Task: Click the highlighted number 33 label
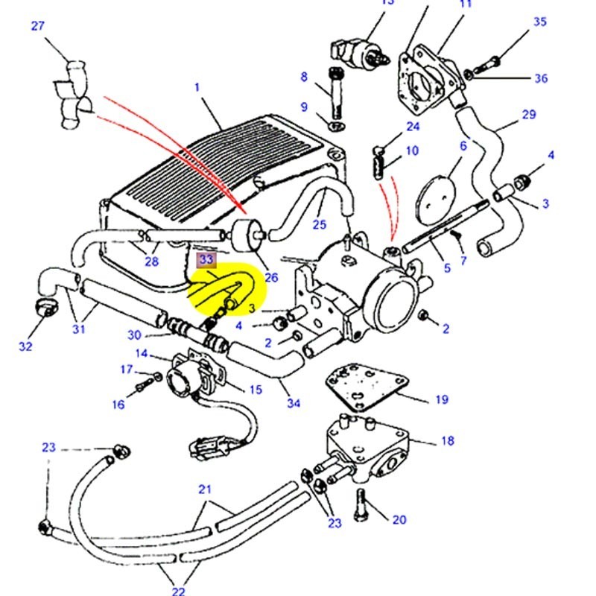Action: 206,260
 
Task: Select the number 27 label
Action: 38,27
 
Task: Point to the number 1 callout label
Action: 197,87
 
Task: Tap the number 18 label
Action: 447,441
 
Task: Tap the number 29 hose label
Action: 530,115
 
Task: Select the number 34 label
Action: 294,403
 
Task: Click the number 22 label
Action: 179,591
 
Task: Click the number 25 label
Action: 320,224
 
